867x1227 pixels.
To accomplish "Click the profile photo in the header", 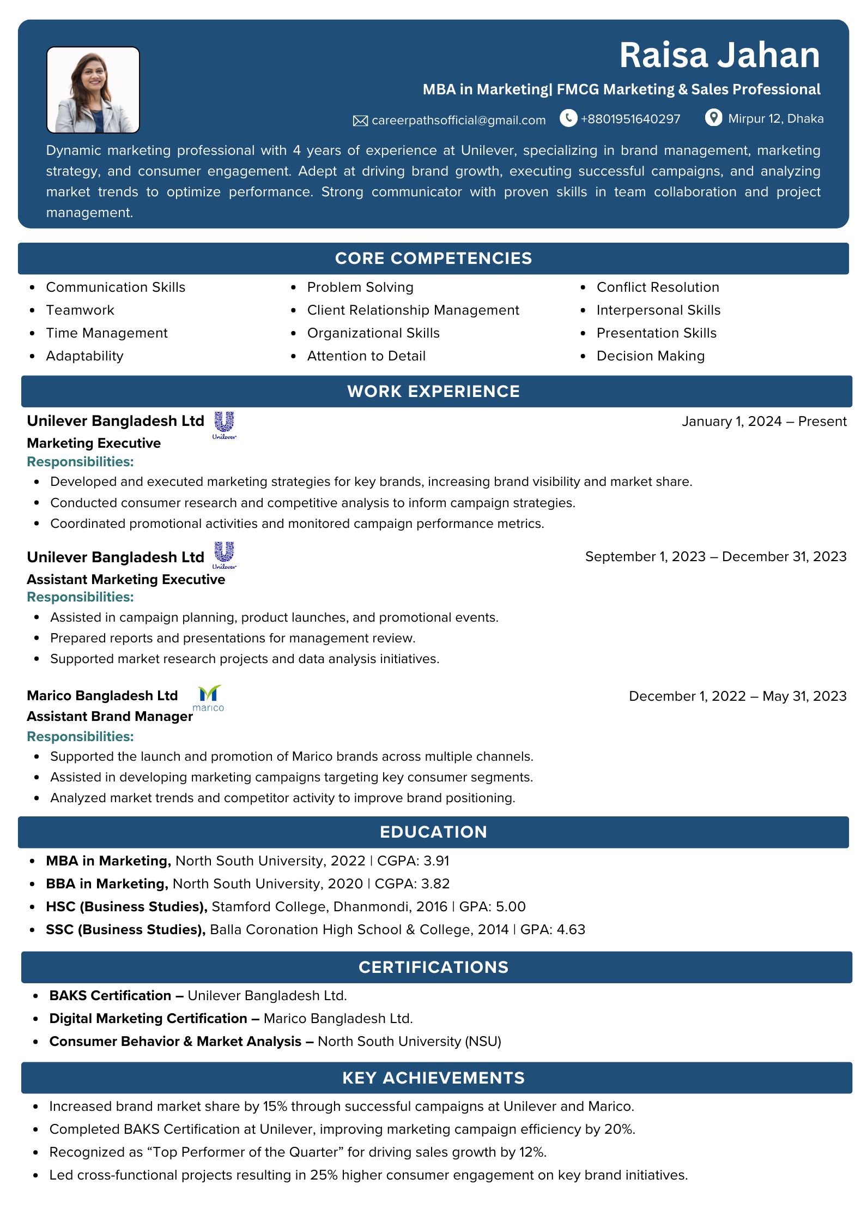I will pos(93,90).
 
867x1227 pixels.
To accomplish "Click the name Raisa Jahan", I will pos(719,55).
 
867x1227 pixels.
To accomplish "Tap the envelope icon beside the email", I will pos(360,121).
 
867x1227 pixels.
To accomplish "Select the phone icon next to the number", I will pos(568,118).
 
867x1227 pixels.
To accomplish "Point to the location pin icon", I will pos(713,118).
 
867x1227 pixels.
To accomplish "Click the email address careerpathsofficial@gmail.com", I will pos(458,121).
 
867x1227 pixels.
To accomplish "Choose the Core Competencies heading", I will pos(433,258).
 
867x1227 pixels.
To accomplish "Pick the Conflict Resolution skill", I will pos(658,287).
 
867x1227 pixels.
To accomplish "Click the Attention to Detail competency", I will pos(366,356).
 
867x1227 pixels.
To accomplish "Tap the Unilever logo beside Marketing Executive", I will pos(225,425).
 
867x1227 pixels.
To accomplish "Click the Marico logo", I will pos(209,698).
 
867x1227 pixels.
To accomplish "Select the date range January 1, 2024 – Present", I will pos(764,422).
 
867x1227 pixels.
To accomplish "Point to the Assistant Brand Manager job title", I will pos(110,717).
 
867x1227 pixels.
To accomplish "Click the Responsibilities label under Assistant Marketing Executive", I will pos(81,597).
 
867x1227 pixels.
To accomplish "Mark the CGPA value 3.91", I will pos(436,861).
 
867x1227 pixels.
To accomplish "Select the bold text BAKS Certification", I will pos(110,996).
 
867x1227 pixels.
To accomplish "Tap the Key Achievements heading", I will pos(433,1078).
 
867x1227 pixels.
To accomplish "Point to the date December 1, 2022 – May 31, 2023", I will pos(737,696).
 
